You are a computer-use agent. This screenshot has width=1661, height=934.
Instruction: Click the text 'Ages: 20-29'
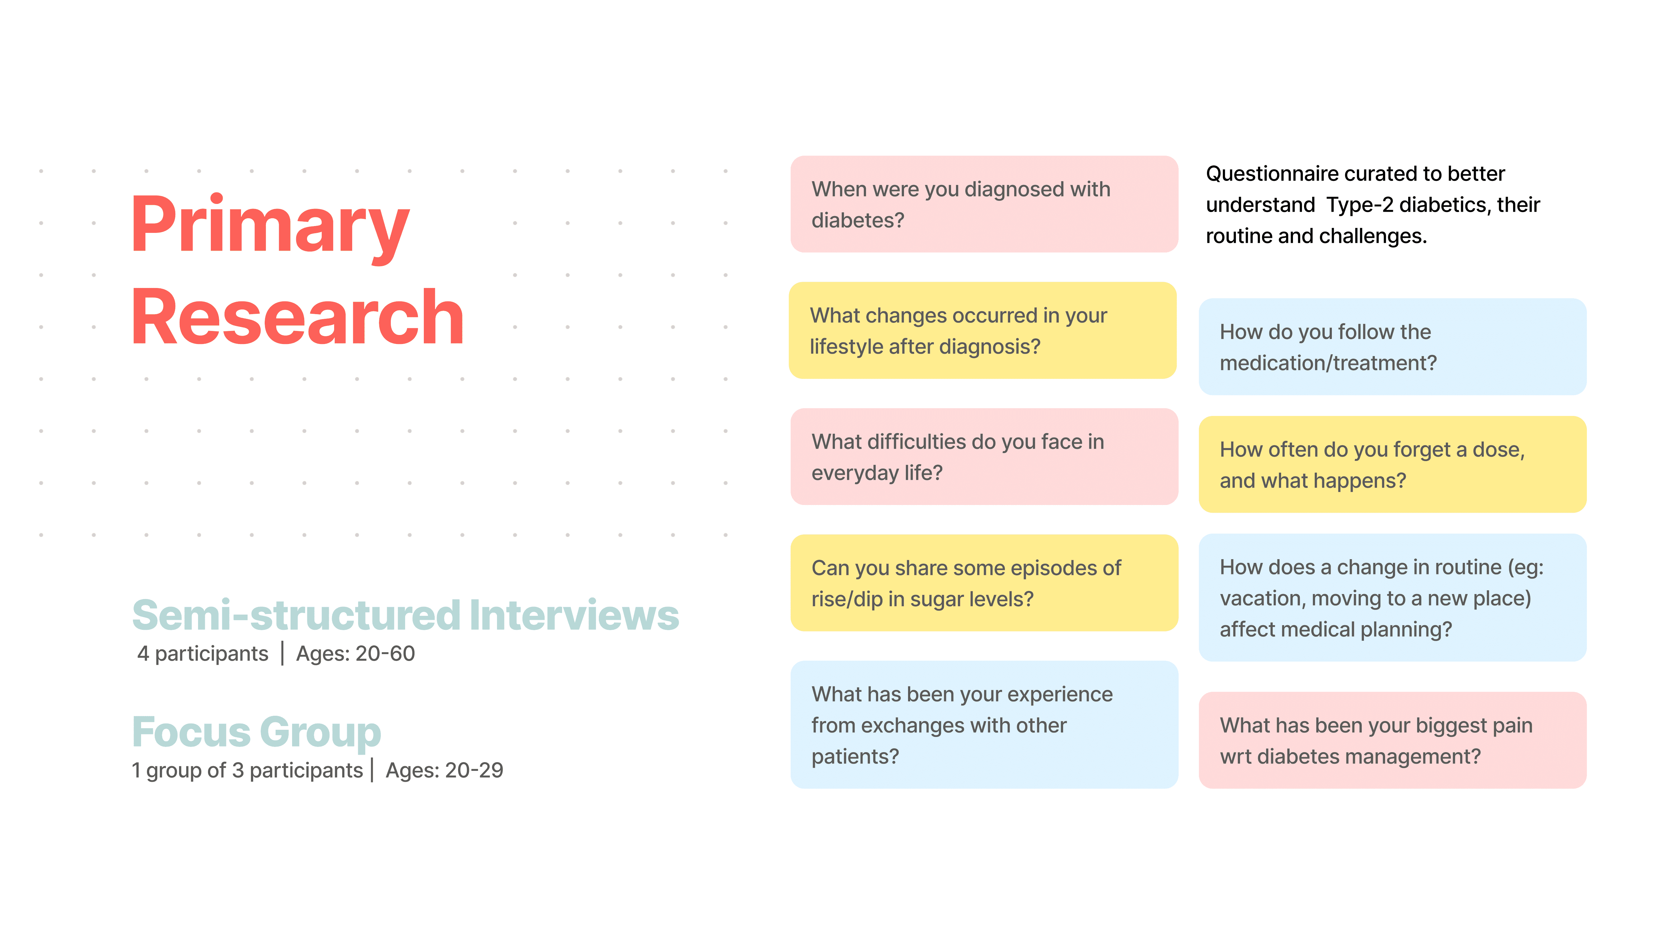(444, 770)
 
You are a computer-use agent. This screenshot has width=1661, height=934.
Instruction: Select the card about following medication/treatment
(1392, 347)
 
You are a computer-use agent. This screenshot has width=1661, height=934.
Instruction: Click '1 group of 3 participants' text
(247, 770)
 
